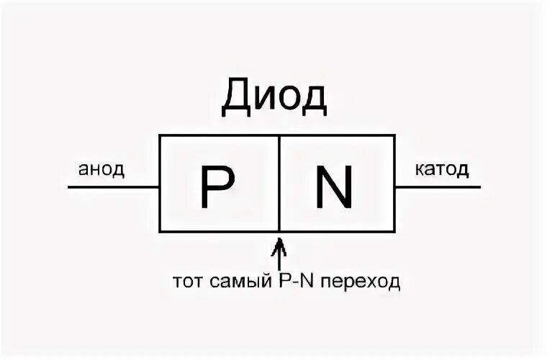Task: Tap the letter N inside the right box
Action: [335, 186]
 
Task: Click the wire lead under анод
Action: [113, 187]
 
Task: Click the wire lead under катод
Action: [438, 187]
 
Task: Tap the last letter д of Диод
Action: [314, 99]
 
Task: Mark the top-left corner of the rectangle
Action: [160, 135]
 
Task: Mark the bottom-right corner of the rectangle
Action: [394, 232]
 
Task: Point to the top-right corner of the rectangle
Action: [394, 135]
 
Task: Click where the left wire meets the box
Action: [160, 187]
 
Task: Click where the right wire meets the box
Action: [394, 187]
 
